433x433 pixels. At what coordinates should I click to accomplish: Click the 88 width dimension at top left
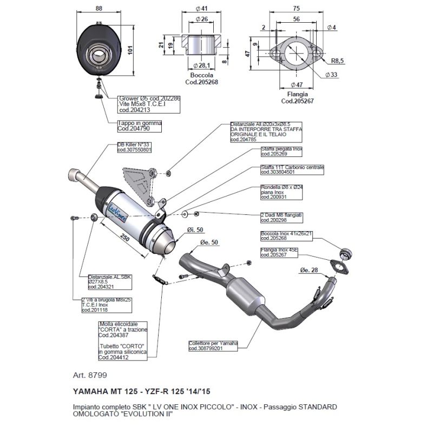tap(98, 8)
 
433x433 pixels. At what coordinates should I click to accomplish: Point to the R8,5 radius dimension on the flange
tap(337, 61)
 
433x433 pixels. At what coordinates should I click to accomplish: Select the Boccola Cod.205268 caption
tap(202, 79)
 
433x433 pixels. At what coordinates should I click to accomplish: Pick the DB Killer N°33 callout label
tap(134, 147)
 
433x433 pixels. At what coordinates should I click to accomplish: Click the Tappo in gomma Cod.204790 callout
tap(139, 126)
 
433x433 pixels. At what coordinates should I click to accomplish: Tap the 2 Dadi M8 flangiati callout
tap(280, 218)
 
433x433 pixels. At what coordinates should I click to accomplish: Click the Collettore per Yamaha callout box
tap(213, 345)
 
